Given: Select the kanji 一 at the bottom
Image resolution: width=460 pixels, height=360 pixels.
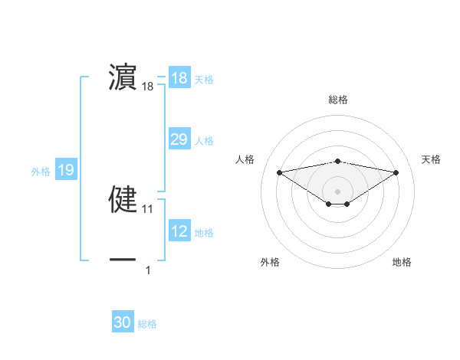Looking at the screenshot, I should (123, 260).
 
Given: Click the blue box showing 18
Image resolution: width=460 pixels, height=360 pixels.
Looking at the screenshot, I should (179, 78).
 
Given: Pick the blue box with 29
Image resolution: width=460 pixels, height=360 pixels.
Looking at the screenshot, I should (179, 139).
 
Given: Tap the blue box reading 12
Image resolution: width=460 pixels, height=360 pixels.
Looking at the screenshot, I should (179, 231).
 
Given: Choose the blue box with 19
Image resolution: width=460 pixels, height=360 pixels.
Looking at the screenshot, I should (66, 170).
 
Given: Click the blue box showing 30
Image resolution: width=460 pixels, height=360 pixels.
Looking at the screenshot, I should (123, 322).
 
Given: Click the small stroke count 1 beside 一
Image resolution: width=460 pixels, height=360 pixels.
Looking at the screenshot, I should (148, 270).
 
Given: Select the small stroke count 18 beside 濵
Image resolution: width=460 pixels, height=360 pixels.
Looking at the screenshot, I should (148, 87).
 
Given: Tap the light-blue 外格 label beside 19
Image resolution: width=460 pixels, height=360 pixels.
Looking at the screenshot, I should (41, 172).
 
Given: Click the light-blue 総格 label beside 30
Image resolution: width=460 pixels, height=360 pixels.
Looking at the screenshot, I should (147, 325).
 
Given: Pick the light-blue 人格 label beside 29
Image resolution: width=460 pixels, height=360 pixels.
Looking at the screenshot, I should (204, 141).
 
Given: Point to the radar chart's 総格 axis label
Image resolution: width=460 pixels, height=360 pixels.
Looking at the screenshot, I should (337, 100).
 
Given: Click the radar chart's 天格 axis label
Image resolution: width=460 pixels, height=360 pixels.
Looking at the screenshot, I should (431, 159).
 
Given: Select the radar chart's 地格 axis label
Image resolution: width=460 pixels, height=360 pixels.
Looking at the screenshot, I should (402, 262).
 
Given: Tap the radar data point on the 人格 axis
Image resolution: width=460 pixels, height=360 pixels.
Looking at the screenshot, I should (280, 172).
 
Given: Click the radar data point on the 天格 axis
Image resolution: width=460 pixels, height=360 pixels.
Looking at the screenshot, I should (396, 172).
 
